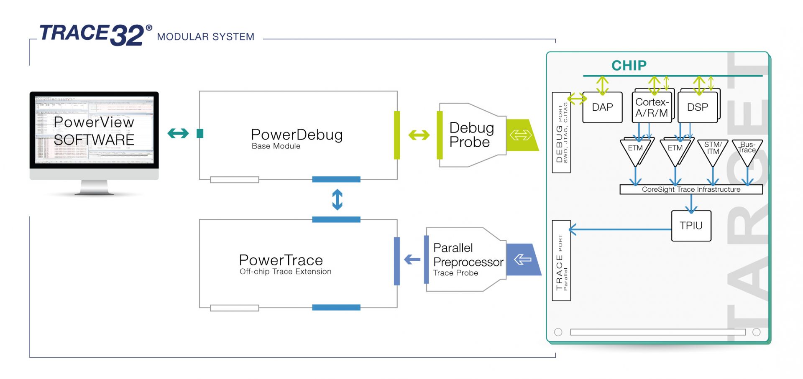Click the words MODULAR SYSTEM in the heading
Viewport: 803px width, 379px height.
pos(205,37)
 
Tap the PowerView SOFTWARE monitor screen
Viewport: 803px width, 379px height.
pos(94,130)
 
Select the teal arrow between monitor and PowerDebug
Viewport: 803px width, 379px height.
pos(178,133)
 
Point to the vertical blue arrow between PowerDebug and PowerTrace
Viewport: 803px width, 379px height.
pos(337,199)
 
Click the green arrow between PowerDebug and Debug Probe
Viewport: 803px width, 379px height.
pos(419,135)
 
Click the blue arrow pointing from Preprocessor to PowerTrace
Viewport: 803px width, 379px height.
pos(412,259)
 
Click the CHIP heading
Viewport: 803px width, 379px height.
pos(629,66)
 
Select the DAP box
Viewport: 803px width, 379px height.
pos(602,107)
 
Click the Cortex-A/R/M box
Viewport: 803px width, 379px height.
pos(651,107)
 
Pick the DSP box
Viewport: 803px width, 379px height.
pos(697,107)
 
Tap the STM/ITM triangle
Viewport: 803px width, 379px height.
pos(713,150)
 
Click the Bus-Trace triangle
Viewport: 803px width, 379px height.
pos(747,150)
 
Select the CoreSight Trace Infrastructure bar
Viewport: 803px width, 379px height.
pos(691,190)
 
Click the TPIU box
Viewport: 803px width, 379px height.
pos(691,226)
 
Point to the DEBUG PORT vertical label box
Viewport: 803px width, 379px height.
pos(561,132)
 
